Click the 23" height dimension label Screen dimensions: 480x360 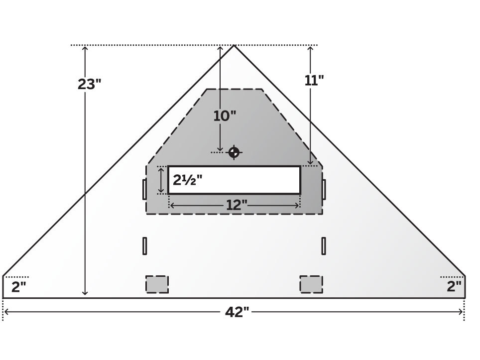click(x=89, y=84)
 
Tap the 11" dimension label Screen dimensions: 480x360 click(x=314, y=80)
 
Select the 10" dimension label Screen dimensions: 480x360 click(x=225, y=116)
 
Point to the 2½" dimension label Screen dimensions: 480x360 click(x=188, y=180)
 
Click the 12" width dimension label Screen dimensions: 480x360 click(x=237, y=205)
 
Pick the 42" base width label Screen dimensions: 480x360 click(x=237, y=312)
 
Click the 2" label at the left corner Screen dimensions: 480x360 click(x=19, y=287)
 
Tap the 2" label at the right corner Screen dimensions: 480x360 click(x=454, y=286)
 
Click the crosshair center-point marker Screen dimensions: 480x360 click(x=234, y=152)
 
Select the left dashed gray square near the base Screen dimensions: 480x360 click(x=157, y=284)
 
